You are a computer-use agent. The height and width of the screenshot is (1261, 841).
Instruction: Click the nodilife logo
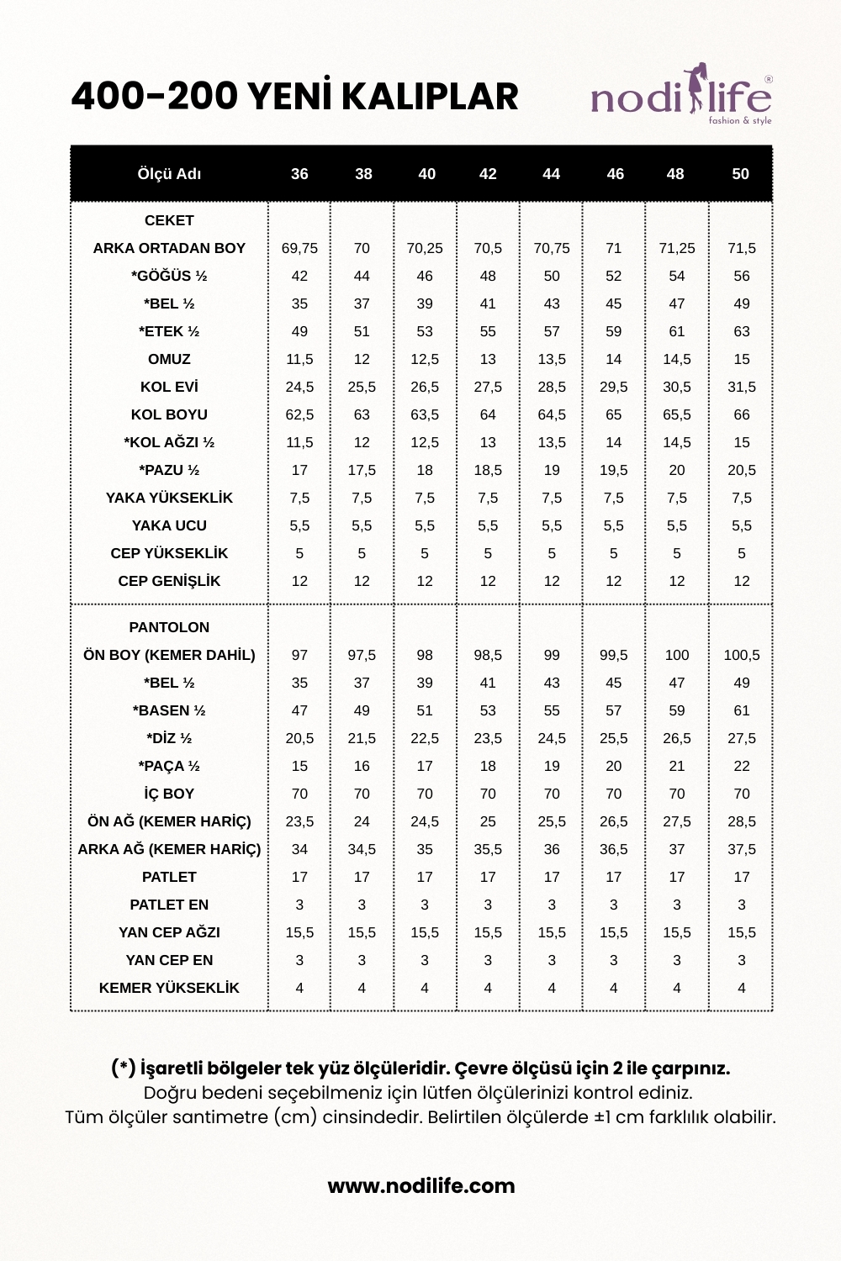pyautogui.click(x=681, y=97)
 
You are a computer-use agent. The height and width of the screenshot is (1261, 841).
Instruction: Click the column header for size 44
pyautogui.click(x=551, y=174)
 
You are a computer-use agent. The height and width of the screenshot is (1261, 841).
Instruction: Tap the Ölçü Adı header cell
pyautogui.click(x=169, y=174)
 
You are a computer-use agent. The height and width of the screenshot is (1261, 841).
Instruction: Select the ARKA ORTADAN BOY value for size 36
pyautogui.click(x=299, y=248)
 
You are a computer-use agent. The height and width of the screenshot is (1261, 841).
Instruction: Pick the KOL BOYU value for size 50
pyautogui.click(x=741, y=414)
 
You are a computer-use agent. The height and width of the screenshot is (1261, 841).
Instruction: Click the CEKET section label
pyautogui.click(x=169, y=220)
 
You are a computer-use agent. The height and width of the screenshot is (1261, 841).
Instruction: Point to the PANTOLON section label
pyautogui.click(x=169, y=627)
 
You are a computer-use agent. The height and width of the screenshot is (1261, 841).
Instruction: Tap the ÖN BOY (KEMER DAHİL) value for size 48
pyautogui.click(x=676, y=655)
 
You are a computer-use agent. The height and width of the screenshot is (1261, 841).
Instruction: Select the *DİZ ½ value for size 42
pyautogui.click(x=488, y=738)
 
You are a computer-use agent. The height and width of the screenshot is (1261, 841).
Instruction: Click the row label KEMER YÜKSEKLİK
pyautogui.click(x=169, y=988)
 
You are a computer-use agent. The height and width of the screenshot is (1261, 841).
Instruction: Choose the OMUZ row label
pyautogui.click(x=169, y=359)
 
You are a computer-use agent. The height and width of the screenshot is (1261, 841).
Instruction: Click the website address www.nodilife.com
pyautogui.click(x=420, y=1186)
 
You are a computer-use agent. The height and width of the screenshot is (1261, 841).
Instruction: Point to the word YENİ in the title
pyautogui.click(x=294, y=97)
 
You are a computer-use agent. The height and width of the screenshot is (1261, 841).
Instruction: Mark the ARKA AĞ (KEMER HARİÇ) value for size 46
pyautogui.click(x=613, y=849)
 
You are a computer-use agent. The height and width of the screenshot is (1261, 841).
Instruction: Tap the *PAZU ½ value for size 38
pyautogui.click(x=362, y=470)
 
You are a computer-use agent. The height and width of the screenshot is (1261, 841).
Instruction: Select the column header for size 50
pyautogui.click(x=740, y=174)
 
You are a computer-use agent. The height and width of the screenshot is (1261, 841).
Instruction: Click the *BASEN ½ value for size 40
pyautogui.click(x=425, y=710)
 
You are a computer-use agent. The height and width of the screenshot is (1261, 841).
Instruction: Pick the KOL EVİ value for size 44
pyautogui.click(x=551, y=387)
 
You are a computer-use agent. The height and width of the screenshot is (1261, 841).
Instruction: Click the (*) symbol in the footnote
pyautogui.click(x=123, y=1068)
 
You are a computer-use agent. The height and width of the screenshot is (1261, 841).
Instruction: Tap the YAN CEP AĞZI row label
pyautogui.click(x=169, y=932)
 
